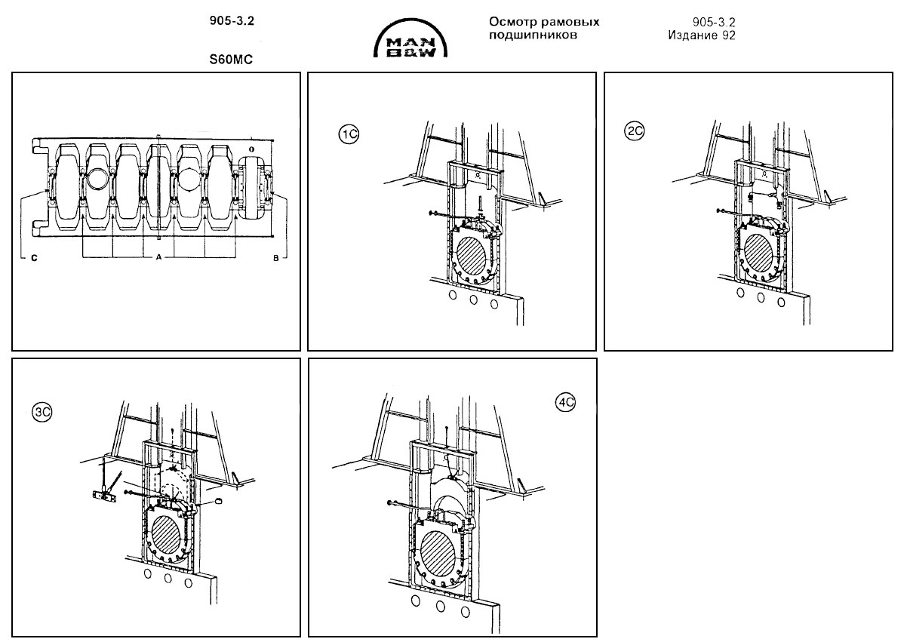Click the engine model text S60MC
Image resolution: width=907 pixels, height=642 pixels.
[x=231, y=56]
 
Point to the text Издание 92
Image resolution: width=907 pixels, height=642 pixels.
[x=701, y=35]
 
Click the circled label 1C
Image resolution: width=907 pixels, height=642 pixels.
[x=348, y=134]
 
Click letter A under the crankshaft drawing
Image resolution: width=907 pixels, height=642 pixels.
[x=158, y=257]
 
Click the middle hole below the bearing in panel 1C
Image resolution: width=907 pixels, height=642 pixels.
[x=473, y=299]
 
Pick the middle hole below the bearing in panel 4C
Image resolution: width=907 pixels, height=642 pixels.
[x=439, y=605]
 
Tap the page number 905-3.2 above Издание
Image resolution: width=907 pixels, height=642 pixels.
[x=714, y=23]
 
